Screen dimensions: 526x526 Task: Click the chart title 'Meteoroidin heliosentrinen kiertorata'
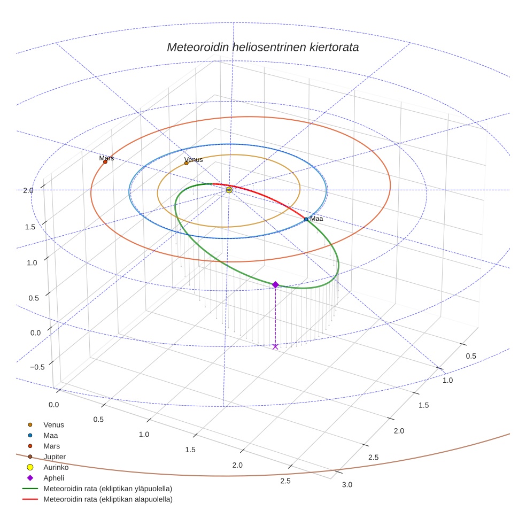point(262,47)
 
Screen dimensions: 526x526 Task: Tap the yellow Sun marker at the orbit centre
point(229,190)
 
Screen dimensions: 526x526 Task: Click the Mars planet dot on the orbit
point(105,162)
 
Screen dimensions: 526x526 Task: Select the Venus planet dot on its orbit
point(186,163)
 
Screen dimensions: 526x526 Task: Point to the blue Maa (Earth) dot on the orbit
point(306,219)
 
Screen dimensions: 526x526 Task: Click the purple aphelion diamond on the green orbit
point(275,285)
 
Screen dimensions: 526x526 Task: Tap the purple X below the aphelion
point(275,347)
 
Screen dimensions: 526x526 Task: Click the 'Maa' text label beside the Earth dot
point(316,219)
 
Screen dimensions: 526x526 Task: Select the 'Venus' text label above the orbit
point(194,159)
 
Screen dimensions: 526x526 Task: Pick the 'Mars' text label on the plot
point(106,158)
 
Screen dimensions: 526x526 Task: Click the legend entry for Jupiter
point(54,457)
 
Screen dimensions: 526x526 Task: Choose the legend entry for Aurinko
point(56,467)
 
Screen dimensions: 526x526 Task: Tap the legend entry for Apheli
point(53,478)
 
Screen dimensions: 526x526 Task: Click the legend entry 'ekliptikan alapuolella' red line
point(107,499)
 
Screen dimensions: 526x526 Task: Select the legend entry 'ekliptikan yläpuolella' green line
point(107,489)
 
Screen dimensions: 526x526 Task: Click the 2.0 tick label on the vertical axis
point(28,190)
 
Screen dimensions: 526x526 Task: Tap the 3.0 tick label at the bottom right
point(347,485)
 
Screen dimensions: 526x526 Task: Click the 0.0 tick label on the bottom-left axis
point(54,405)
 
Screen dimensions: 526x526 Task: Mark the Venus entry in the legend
point(53,424)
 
